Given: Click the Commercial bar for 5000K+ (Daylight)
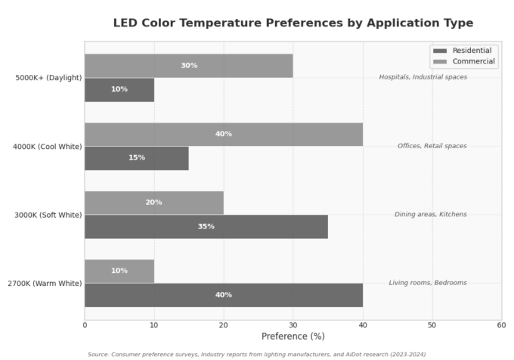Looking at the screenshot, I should click(x=188, y=66).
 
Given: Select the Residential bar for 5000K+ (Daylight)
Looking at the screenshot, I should click(x=119, y=89).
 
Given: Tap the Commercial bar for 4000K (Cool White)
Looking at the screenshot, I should click(x=223, y=134).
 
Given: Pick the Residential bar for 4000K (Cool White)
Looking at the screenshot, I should click(x=136, y=157).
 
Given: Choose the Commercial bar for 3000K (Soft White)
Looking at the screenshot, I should click(x=153, y=203).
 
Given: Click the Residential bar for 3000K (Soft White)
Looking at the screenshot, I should click(x=206, y=226).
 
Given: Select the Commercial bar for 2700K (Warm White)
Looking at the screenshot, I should click(x=119, y=271).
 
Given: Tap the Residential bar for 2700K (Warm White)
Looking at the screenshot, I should click(x=223, y=295).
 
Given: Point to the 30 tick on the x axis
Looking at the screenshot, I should click(x=293, y=324).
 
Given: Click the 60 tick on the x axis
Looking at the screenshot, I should click(x=501, y=324).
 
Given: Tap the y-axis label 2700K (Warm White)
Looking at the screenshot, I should click(x=44, y=283).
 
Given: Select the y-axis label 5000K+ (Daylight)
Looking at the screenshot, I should click(x=48, y=77).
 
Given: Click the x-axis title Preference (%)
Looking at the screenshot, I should click(x=293, y=337).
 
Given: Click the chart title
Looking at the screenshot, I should click(x=293, y=23).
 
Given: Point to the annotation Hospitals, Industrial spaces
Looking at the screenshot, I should click(x=423, y=77).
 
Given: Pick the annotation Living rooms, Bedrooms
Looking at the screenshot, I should click(x=428, y=283).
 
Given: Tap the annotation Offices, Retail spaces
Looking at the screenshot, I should click(x=432, y=146).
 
